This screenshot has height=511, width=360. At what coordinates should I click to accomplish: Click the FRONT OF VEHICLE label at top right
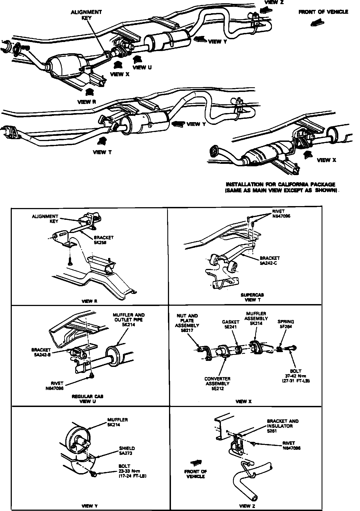click(323, 12)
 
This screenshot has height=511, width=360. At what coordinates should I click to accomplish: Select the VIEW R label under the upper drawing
click(86, 102)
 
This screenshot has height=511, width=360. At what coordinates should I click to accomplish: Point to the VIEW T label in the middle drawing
click(102, 152)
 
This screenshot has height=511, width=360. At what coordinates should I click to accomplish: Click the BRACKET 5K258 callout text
click(103, 240)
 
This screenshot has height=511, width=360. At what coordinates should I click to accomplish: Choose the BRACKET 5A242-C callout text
click(270, 260)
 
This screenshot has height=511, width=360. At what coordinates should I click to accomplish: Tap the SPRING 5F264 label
click(286, 324)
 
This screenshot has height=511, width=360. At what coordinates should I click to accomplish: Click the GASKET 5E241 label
click(230, 324)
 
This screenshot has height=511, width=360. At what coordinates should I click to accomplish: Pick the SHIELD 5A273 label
click(127, 451)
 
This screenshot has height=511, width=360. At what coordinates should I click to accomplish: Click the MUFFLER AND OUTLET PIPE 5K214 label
click(128, 320)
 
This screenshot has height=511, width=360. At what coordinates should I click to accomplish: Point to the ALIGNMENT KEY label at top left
click(86, 15)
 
